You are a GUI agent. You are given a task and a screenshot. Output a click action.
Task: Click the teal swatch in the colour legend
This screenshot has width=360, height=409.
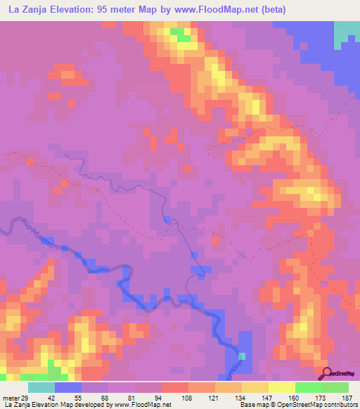(41, 388)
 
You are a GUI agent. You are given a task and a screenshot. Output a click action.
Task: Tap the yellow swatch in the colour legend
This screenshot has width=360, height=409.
(282, 388)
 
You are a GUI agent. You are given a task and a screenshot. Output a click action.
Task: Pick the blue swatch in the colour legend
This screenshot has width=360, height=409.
(68, 388)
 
